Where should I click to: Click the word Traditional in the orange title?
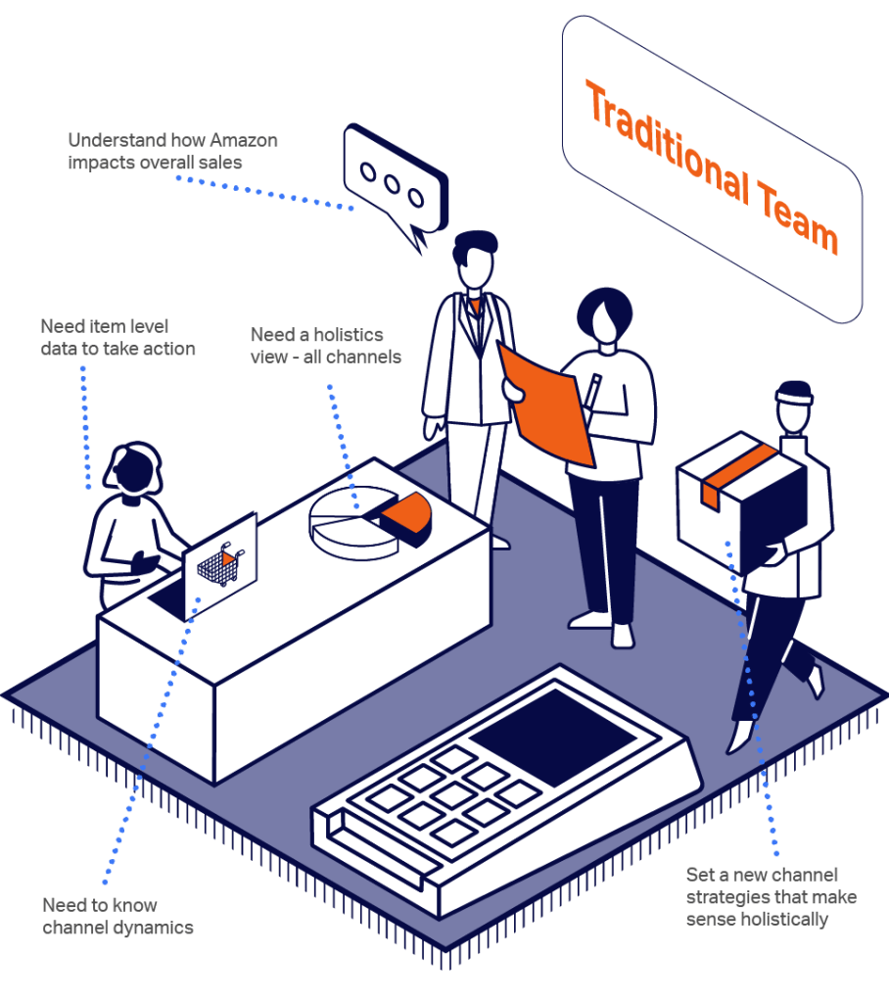(x=668, y=142)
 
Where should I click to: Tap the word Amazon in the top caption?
(x=244, y=140)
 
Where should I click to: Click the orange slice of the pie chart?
(x=407, y=513)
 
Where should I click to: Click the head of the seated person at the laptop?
(x=135, y=468)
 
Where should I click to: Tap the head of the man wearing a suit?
(x=475, y=259)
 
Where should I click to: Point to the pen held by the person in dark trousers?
(x=592, y=391)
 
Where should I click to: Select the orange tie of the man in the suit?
(x=475, y=307)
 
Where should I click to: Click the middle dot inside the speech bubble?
(x=392, y=184)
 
